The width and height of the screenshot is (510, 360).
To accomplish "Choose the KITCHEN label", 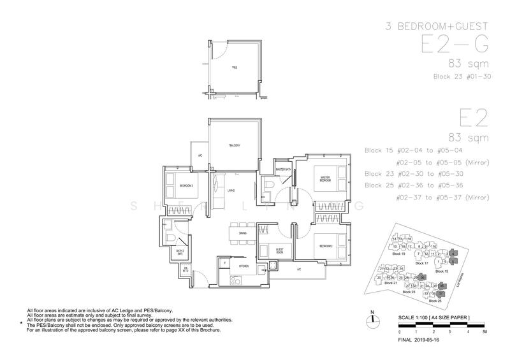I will coord(243,265).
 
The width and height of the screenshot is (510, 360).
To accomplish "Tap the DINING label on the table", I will coord(243,233).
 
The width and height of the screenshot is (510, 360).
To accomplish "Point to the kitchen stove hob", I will coord(233,280).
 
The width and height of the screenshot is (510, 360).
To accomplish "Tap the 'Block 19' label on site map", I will coord(399,253).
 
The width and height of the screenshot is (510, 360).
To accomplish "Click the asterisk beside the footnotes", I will coord(22,324).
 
